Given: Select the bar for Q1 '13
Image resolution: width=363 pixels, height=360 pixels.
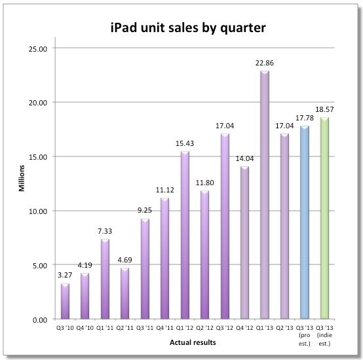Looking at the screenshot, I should click(x=265, y=196).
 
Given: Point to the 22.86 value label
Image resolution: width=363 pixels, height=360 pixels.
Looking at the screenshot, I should click(x=265, y=63).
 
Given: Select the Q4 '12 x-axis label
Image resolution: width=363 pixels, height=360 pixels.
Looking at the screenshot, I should click(x=244, y=327).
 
